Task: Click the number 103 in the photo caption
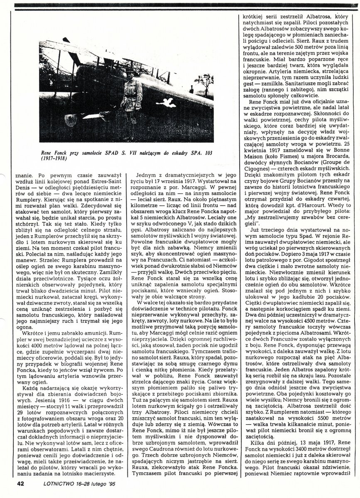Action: [x=209, y=151]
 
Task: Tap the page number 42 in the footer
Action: [x=21, y=483]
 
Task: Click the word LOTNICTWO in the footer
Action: [x=48, y=483]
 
